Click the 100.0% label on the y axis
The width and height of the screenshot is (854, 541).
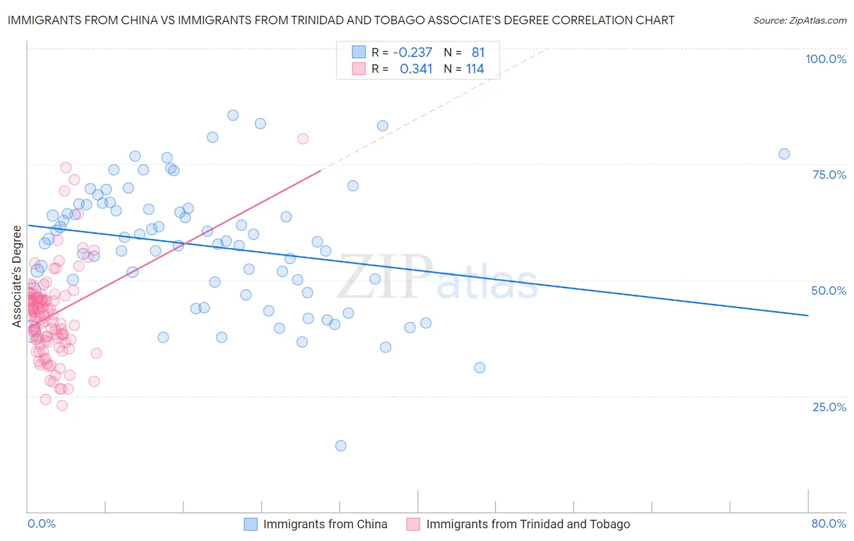[x=825, y=59]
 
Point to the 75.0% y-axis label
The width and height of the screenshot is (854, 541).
[x=829, y=175]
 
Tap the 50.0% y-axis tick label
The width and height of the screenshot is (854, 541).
[x=828, y=291]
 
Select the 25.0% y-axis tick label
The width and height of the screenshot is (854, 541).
[x=829, y=406]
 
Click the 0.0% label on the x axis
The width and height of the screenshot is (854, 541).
[x=41, y=523]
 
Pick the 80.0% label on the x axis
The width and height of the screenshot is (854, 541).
[x=828, y=523]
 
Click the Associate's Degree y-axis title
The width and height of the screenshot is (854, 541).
[x=17, y=276]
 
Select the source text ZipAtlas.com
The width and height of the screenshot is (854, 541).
[x=799, y=20]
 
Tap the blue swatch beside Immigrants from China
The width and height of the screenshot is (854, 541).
[x=251, y=524]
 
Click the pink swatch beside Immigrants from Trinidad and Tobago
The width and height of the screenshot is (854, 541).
[x=413, y=524]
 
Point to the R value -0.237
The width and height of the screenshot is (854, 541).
[x=412, y=52]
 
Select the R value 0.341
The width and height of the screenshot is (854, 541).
[x=416, y=69]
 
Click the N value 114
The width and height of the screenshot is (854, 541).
[x=475, y=69]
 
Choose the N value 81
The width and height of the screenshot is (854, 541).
[x=478, y=52]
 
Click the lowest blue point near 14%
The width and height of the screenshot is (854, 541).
[x=341, y=446]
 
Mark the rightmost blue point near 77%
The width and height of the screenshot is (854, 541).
[x=784, y=154]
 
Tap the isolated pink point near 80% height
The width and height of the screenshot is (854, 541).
[x=303, y=139]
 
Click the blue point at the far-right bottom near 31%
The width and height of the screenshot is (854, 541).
[x=480, y=368]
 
